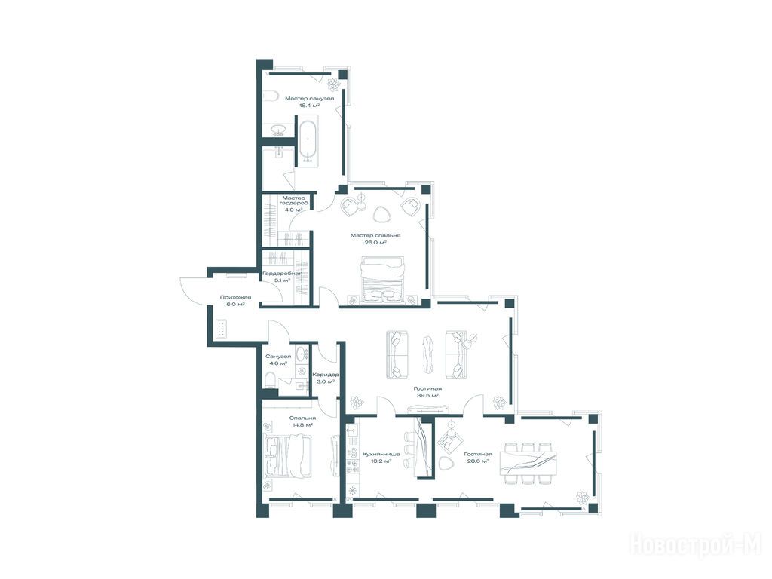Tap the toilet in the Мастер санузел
[x=270, y=96]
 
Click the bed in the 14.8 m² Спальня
[x=286, y=456]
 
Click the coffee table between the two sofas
[x=427, y=354]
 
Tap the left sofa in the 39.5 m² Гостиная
[x=397, y=354]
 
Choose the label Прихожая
[x=235, y=297]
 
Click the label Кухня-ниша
[x=381, y=455]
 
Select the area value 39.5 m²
[x=427, y=395]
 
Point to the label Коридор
[x=326, y=375]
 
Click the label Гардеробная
[x=282, y=273]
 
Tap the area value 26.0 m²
[x=375, y=242]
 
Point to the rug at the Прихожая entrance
[x=221, y=329]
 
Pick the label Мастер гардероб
[x=294, y=204]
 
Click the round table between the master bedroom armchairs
[x=362, y=201]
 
